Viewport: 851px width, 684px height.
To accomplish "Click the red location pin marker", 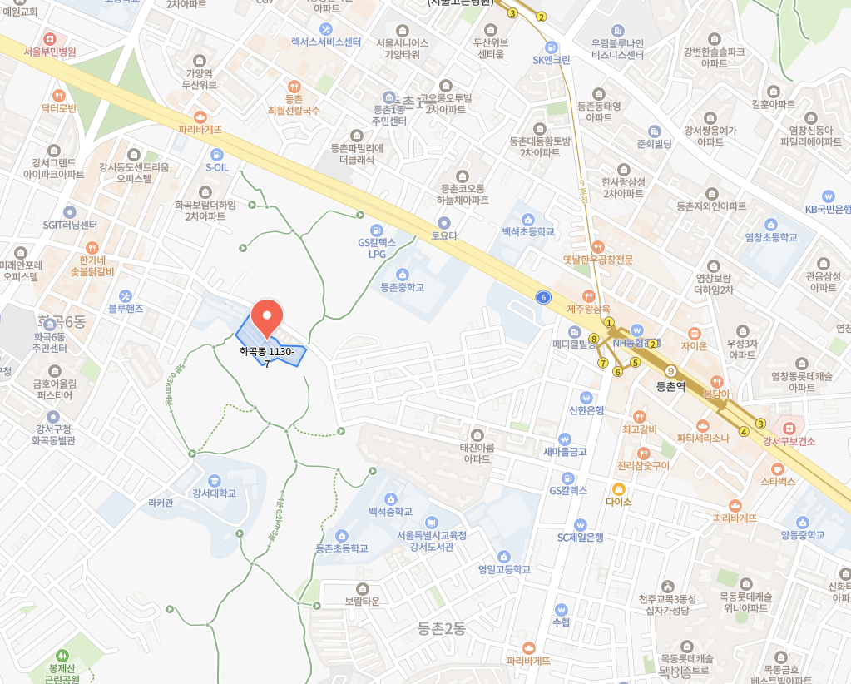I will tap(266, 317).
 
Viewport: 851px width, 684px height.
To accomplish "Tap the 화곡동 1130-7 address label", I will tap(267, 357).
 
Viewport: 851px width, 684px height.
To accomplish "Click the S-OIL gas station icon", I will tap(217, 154).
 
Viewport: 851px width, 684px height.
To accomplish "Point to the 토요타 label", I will tap(444, 235).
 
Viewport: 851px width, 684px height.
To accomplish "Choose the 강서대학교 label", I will tap(214, 493).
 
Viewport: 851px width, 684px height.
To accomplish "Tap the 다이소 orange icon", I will tap(618, 488).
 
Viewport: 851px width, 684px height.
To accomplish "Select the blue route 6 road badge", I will tap(543, 297).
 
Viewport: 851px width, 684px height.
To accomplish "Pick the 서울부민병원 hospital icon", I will tap(50, 38).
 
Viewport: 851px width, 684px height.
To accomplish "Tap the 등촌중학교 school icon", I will tap(403, 274).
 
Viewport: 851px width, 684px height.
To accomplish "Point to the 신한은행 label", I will tap(586, 410).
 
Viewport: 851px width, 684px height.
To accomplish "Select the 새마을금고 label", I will tap(565, 452).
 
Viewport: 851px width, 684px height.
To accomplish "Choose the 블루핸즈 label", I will tap(126, 308).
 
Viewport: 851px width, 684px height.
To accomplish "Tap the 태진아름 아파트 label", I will tap(477, 453).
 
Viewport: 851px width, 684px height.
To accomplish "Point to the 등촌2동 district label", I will tap(442, 629).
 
